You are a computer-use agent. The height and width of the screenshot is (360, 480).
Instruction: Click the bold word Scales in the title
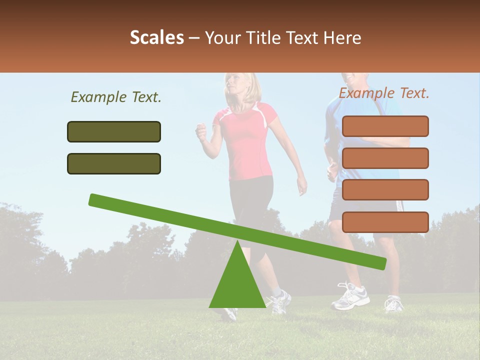pyautogui.click(x=156, y=37)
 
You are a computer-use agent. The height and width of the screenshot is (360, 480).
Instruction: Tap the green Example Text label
pyautogui.click(x=116, y=97)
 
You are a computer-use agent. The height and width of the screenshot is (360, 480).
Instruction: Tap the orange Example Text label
pyautogui.click(x=384, y=93)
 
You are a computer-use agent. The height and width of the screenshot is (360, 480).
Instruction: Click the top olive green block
pyautogui.click(x=114, y=131)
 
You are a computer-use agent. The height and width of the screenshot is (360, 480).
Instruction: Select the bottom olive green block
pyautogui.click(x=114, y=163)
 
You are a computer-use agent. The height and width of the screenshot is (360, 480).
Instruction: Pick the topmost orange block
pyautogui.click(x=385, y=126)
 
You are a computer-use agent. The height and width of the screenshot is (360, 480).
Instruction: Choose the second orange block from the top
pyautogui.click(x=385, y=158)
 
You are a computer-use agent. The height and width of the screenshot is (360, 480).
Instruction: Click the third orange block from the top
pyautogui.click(x=385, y=189)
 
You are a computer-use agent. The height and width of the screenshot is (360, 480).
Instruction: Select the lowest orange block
pyautogui.click(x=385, y=222)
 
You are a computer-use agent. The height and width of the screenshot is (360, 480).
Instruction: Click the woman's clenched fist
pyautogui.click(x=201, y=132)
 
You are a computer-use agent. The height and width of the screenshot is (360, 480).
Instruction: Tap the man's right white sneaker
pyautogui.click(x=394, y=303)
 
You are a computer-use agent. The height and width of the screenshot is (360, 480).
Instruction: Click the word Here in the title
pyautogui.click(x=342, y=38)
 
